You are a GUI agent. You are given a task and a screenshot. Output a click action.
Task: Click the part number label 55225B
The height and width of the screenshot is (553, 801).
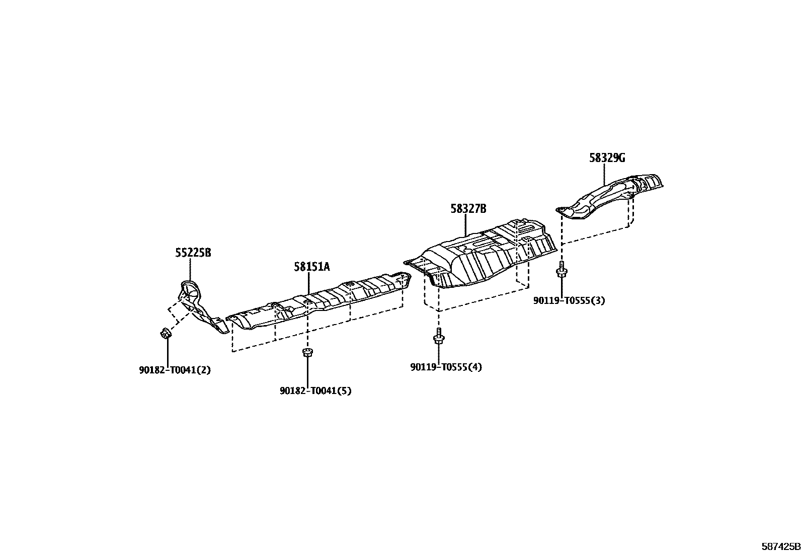pyautogui.click(x=193, y=253)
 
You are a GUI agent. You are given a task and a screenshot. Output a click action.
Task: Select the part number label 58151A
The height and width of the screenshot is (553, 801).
pyautogui.click(x=312, y=267)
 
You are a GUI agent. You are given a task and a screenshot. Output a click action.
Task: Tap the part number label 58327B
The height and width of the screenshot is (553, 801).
pyautogui.click(x=468, y=209)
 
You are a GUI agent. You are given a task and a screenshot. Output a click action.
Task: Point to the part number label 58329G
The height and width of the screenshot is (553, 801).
pyautogui.click(x=607, y=158)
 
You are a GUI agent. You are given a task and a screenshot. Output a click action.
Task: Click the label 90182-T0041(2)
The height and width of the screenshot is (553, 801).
pyautogui.click(x=175, y=370)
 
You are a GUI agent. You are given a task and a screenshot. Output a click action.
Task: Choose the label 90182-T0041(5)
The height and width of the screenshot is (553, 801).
pyautogui.click(x=315, y=390)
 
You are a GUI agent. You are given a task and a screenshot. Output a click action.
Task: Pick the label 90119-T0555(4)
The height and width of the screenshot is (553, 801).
pyautogui.click(x=446, y=367)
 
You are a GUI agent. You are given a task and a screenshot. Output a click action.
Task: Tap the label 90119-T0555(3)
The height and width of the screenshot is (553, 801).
pyautogui.click(x=569, y=301)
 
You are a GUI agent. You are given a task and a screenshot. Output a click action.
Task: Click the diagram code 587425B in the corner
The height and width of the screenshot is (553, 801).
pyautogui.click(x=779, y=545)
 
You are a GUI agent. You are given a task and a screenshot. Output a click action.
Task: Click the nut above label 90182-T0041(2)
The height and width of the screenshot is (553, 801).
pyautogui.click(x=165, y=333)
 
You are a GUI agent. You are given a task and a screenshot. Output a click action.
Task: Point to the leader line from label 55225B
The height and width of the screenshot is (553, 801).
pyautogui.click(x=191, y=269)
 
